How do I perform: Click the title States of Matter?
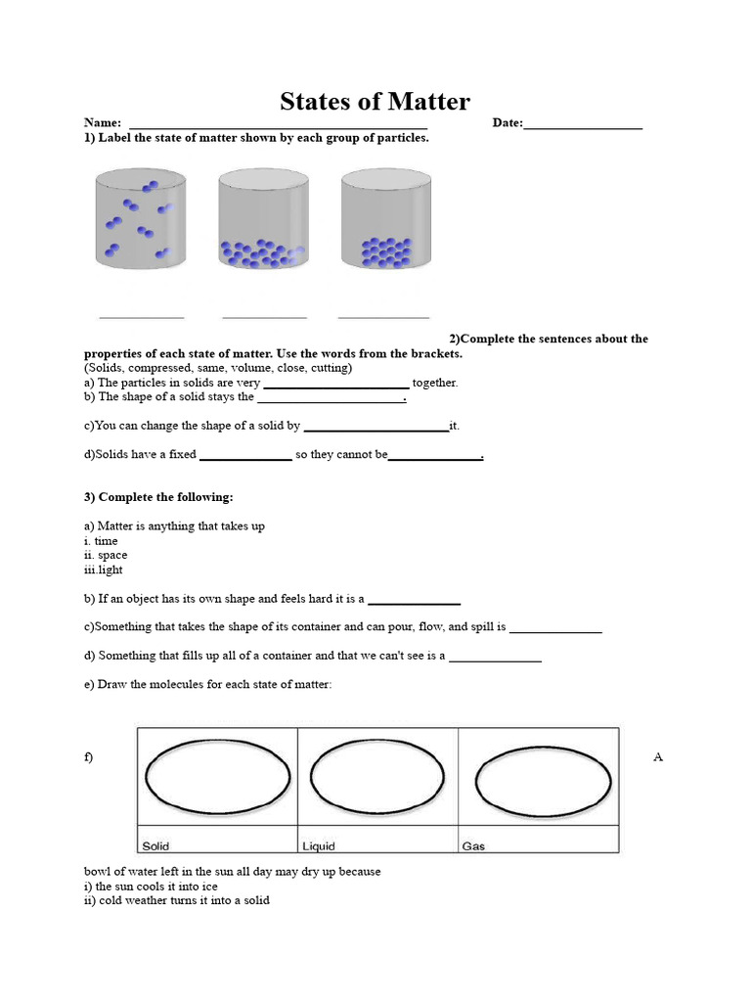tap(375, 101)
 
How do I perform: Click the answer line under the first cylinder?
tap(142, 317)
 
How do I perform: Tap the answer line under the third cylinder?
tap(383, 317)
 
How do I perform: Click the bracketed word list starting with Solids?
tap(218, 368)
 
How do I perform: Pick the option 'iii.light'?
tap(104, 569)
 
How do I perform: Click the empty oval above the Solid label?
tap(217, 776)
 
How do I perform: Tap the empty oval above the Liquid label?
tap(378, 776)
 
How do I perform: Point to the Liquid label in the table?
tap(319, 845)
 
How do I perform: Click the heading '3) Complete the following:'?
tap(158, 497)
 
